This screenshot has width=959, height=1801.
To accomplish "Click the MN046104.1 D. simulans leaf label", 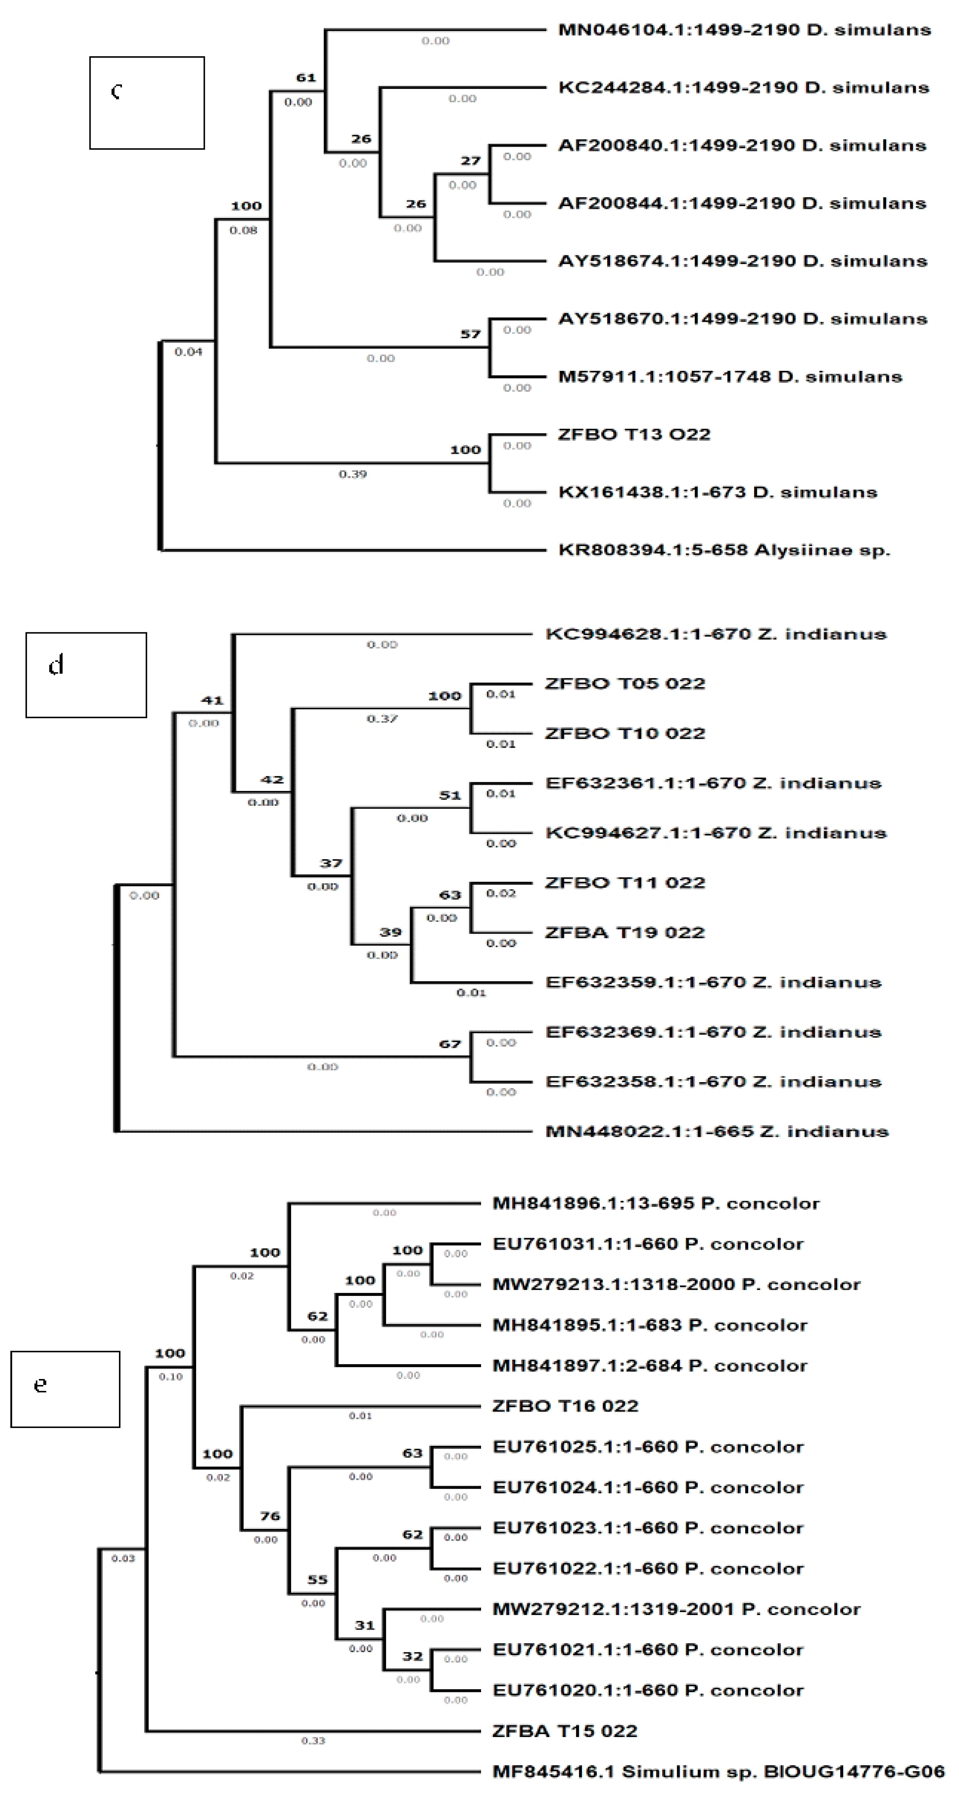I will (744, 30).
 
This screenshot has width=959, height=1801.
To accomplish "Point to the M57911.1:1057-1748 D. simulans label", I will (730, 377).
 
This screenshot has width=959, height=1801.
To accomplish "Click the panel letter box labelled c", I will (147, 103).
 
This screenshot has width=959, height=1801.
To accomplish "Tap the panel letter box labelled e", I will (65, 1388).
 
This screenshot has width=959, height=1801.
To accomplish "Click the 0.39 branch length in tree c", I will (352, 474).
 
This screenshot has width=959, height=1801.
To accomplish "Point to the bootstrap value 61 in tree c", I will (306, 77).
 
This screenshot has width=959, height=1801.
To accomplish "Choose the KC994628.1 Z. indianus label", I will (715, 634).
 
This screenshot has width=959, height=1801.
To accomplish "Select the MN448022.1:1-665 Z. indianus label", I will (717, 1131).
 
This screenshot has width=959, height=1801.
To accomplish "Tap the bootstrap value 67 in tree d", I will (450, 1044).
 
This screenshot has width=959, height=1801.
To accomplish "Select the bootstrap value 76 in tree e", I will (270, 1516).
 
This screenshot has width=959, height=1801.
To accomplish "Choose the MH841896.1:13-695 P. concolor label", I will (656, 1203).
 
